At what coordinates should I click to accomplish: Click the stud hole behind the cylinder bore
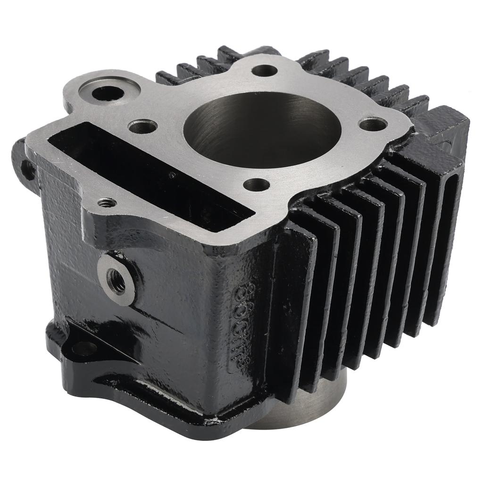pos(264,71)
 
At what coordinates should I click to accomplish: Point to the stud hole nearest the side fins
pos(373,124)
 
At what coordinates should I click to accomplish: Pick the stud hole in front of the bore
pos(257,184)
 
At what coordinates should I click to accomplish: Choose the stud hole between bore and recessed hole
pos(142,126)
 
